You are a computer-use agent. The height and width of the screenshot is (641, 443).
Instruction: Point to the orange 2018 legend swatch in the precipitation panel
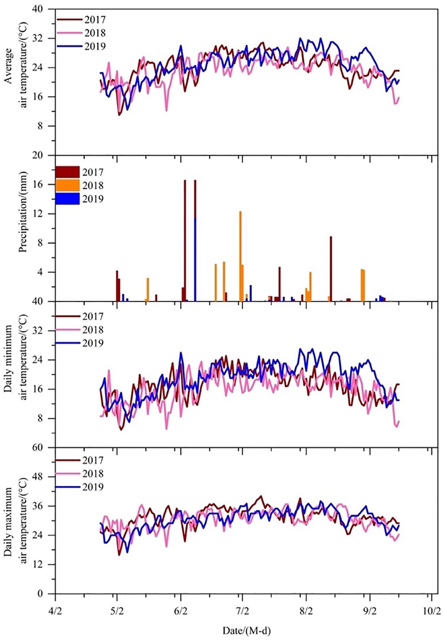(x=67, y=185)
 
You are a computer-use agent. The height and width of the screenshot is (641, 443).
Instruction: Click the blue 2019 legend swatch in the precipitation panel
(x=67, y=198)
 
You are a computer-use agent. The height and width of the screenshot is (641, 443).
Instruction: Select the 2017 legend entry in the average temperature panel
(x=81, y=20)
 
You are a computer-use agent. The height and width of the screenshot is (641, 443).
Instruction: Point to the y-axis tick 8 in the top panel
(x=48, y=126)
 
